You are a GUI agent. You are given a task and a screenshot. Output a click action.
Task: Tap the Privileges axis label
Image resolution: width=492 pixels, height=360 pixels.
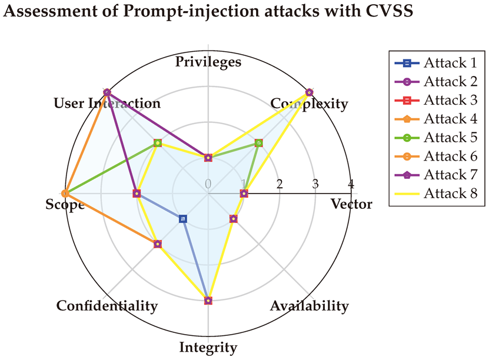pos(208,62)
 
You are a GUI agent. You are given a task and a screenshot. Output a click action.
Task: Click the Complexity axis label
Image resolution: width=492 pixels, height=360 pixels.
pos(309,104)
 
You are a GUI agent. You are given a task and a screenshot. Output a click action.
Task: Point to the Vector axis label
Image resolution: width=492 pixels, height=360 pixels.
pos(351,204)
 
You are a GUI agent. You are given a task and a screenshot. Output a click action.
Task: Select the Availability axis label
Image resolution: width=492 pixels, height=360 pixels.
pos(309,306)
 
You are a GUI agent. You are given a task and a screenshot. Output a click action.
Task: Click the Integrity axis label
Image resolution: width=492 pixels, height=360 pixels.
pos(208,347)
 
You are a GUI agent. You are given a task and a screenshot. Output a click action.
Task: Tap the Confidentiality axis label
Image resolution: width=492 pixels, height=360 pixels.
pos(107,306)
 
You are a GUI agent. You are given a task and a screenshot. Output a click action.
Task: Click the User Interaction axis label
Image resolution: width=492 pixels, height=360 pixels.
pos(107,104)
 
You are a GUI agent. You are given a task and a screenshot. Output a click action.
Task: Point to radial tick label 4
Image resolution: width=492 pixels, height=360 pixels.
pos(351,184)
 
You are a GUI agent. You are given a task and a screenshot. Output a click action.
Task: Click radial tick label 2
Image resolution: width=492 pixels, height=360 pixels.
pos(280,184)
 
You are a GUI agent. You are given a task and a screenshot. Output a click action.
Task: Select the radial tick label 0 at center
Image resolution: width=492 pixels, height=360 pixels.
pos(208,184)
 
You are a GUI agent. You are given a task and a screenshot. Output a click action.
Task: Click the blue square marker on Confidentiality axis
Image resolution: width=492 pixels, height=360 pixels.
pos(183,219)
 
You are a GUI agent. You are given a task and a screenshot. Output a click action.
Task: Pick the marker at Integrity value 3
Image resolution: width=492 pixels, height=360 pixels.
pos(208,301)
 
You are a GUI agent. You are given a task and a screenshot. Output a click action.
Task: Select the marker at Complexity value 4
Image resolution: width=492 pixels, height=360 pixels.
pos(310,92)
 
